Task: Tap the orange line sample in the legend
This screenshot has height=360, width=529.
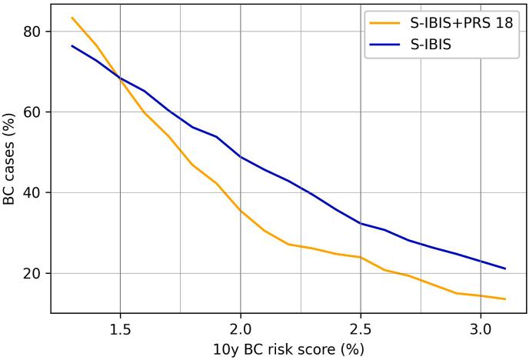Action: (x=381, y=23)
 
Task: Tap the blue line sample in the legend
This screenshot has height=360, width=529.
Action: (x=381, y=45)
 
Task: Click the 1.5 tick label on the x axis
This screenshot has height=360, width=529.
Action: (x=120, y=327)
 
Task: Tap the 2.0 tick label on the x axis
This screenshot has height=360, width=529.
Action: (x=241, y=327)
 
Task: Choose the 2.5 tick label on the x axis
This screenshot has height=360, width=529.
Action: (x=361, y=327)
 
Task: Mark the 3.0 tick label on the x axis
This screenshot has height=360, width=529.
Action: (x=481, y=327)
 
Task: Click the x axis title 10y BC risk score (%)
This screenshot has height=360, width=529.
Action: (x=288, y=348)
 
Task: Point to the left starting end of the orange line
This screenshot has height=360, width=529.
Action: (x=72, y=18)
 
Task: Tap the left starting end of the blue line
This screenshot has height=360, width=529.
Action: (x=72, y=45)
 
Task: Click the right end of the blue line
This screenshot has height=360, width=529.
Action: (x=505, y=268)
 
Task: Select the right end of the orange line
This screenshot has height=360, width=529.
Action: (x=505, y=299)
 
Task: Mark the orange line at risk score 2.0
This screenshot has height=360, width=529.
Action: (x=241, y=210)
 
